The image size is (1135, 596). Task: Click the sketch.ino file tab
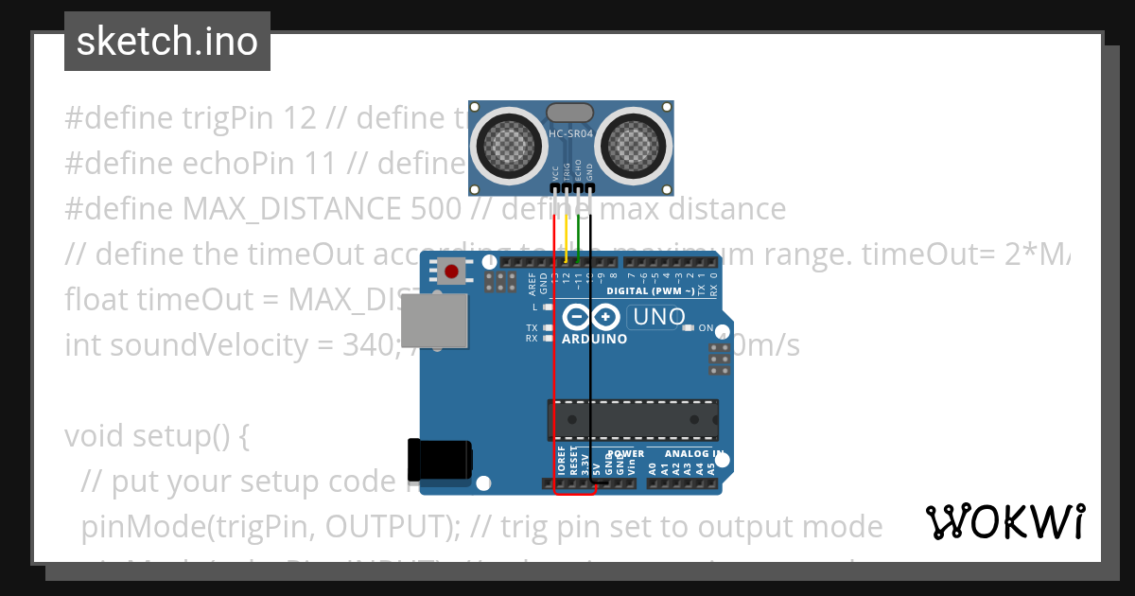(167, 42)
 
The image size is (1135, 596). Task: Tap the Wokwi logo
(1004, 521)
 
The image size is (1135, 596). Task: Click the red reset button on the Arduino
(452, 272)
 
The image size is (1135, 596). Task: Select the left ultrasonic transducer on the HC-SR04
(509, 143)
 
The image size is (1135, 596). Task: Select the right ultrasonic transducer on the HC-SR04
(634, 143)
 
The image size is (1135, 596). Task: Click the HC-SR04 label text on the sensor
(571, 134)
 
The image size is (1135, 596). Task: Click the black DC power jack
(439, 461)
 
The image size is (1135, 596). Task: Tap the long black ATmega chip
(632, 420)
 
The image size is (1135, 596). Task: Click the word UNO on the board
(658, 318)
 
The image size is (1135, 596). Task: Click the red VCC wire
(554, 359)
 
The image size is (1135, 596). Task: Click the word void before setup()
(95, 436)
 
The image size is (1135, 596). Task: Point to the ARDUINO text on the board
(594, 339)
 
